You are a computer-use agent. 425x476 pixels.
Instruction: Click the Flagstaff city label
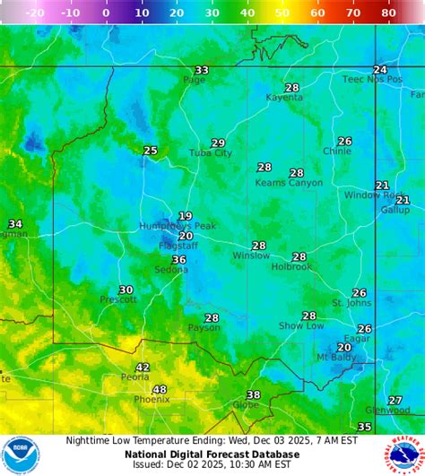[178, 247]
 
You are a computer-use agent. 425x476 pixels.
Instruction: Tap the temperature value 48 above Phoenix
[160, 389]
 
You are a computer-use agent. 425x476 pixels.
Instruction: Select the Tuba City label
[211, 153]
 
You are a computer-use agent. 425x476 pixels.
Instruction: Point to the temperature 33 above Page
[202, 70]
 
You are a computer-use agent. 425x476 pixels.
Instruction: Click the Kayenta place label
[285, 97]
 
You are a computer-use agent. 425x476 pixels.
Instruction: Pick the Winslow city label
[251, 255]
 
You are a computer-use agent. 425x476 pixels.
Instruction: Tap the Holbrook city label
[291, 266]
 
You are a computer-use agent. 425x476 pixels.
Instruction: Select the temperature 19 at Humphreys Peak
[185, 215]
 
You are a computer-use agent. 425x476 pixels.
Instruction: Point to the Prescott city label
[118, 299]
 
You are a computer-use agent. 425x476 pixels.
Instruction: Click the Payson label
[204, 328]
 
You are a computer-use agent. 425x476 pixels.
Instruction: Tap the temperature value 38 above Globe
[254, 394]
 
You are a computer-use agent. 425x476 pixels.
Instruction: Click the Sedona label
[170, 270]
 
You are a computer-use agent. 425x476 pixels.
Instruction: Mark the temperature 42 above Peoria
[143, 368]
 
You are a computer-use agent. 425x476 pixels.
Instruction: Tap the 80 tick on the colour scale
[388, 13]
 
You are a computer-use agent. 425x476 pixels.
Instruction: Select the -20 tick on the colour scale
[36, 13]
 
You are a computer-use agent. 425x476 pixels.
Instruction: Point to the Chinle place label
[337, 151]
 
